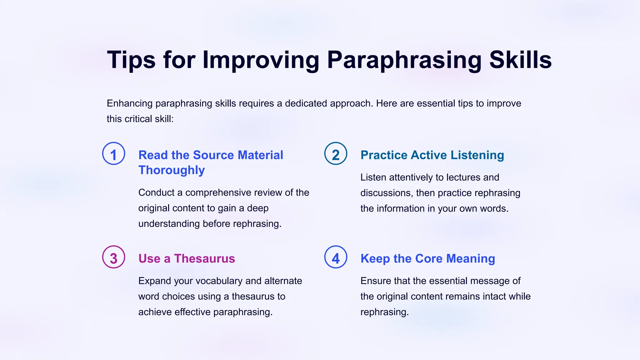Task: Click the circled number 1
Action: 114,153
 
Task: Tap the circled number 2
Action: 336,153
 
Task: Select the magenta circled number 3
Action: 114,257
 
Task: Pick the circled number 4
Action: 336,257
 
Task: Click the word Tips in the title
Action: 131,60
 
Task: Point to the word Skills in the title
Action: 520,60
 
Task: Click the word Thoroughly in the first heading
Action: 172,170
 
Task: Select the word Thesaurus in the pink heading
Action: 204,259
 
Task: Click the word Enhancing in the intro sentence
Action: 130,103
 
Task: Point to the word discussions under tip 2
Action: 387,193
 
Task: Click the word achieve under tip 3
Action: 155,312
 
